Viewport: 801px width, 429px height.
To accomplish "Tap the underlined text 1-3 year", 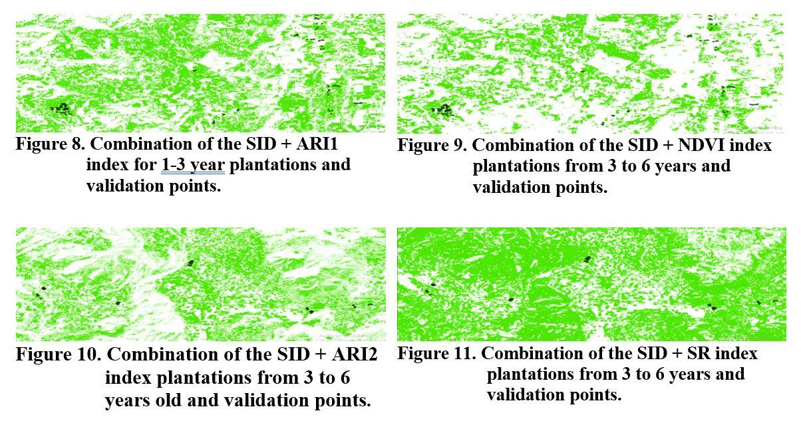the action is coord(193,165).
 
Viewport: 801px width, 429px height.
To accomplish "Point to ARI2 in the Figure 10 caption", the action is coord(355,355).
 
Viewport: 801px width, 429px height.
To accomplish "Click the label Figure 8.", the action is coord(51,144).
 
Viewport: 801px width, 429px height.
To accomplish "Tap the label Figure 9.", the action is coord(432,146).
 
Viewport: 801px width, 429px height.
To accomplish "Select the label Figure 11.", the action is coord(437,354).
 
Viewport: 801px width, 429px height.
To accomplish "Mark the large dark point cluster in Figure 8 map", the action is coord(63,108).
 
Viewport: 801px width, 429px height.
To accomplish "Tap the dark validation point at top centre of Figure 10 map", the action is coord(190,263).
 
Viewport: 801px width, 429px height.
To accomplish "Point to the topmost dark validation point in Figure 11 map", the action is coord(587,259).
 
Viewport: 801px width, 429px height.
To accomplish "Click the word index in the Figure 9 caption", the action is coord(750,145).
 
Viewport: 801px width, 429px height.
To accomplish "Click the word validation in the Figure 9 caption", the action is coord(512,188).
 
